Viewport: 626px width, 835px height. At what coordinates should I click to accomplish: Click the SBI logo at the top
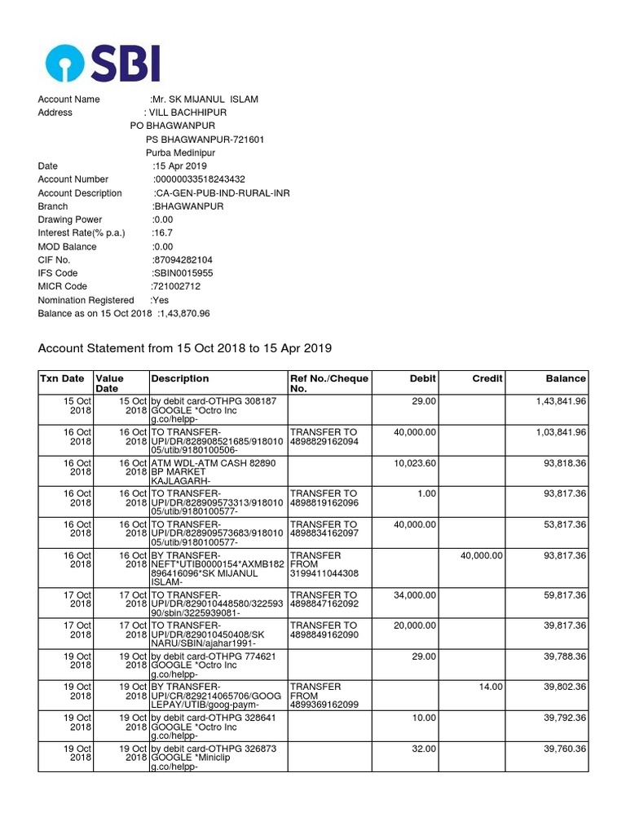click(x=103, y=63)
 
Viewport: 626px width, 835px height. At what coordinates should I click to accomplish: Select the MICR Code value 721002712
click(x=175, y=286)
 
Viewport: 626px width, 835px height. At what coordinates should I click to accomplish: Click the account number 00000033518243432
click(x=200, y=179)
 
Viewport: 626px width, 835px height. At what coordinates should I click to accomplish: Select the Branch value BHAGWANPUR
click(x=187, y=206)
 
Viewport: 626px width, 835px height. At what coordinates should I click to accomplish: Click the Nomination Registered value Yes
click(x=160, y=300)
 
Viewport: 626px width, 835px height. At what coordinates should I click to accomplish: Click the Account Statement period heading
click(x=185, y=349)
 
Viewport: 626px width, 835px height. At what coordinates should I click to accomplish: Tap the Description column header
click(x=179, y=378)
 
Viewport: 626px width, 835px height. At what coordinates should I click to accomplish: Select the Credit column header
click(x=487, y=378)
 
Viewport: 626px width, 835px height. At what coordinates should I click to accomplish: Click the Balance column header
click(x=566, y=378)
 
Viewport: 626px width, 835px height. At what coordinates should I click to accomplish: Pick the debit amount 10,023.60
click(x=414, y=462)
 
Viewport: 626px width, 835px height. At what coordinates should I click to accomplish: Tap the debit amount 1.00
click(x=426, y=493)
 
